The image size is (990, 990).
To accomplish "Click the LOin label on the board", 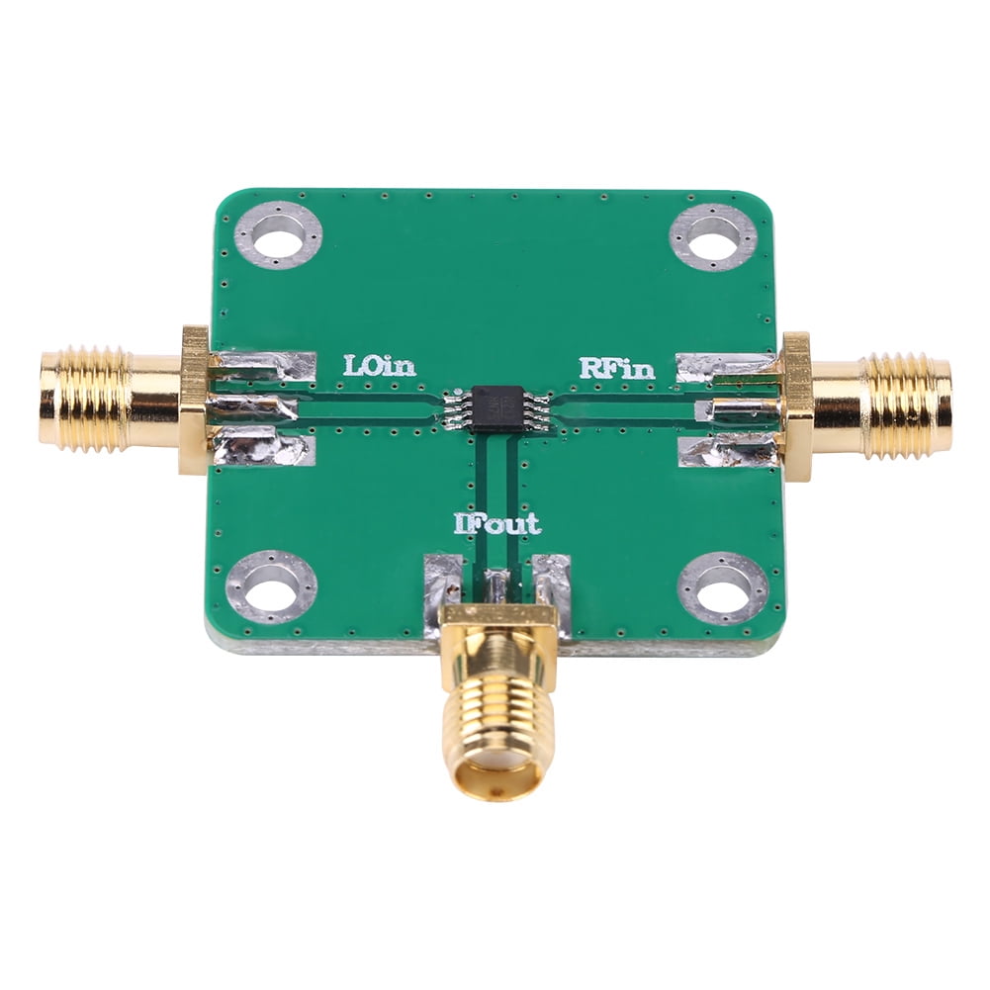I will pos(379,366).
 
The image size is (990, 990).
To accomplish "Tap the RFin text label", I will pos(616,369).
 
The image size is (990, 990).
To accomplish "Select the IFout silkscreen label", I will pos(497,523).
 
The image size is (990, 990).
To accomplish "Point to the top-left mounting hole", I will pos(278,234).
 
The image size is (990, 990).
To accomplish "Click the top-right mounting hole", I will pos(712,236).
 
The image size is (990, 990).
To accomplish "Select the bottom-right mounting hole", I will pos(723,588).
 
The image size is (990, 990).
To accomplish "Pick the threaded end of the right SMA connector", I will pos(908,405).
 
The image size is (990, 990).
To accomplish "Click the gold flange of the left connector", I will pos(195,400).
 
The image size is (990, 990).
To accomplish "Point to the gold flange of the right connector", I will pos(797,405).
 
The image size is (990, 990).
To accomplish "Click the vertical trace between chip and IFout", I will pos(495,475).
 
